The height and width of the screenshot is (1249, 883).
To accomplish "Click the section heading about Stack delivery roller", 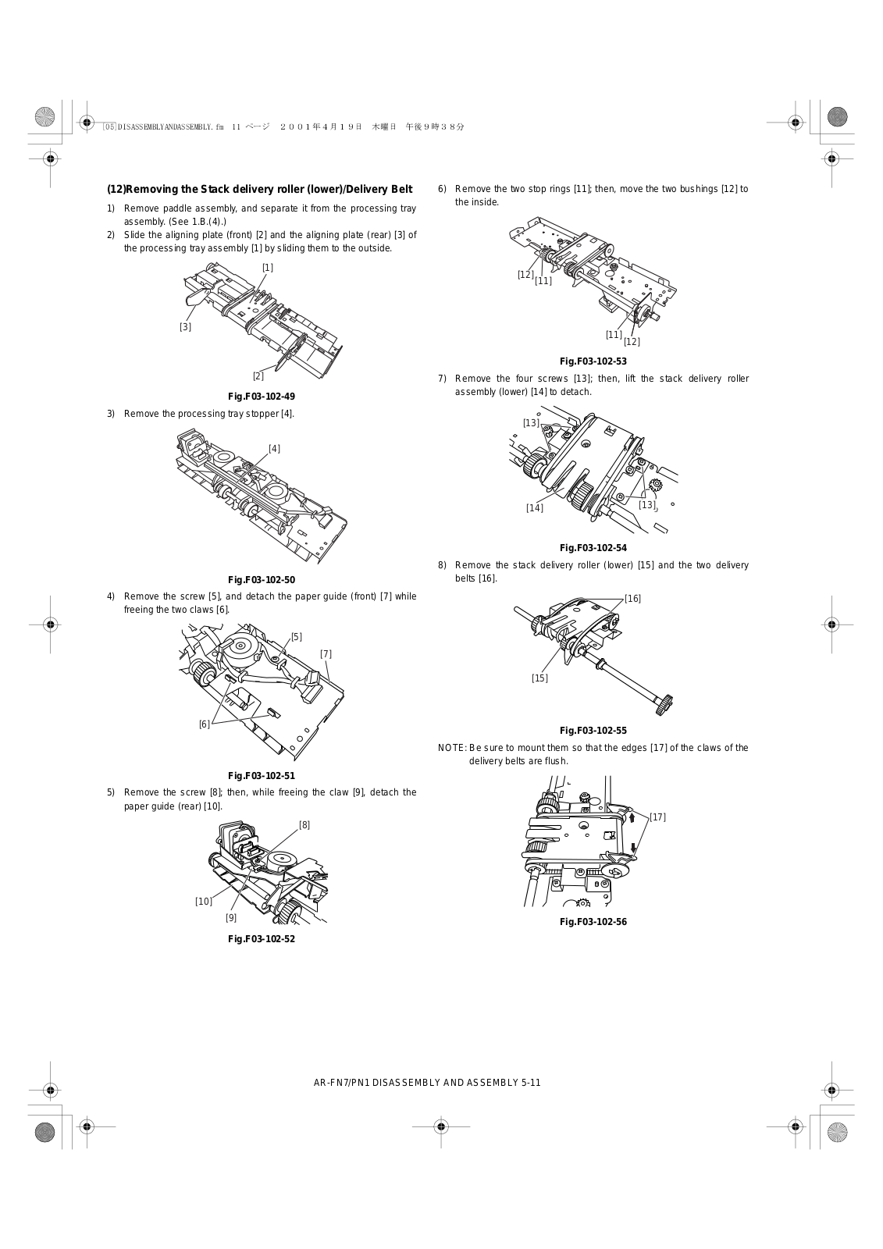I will click(259, 189).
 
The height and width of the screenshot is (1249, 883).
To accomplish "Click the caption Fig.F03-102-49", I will click(262, 397).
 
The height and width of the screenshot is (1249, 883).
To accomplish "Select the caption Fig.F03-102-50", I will click(262, 580).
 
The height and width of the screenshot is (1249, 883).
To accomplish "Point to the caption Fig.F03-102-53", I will click(593, 361).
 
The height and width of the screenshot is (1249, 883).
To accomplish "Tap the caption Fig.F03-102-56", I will click(593, 922).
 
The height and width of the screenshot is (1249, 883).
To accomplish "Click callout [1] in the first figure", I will click(268, 268).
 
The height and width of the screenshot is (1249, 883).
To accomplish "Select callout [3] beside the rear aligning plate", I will click(185, 327).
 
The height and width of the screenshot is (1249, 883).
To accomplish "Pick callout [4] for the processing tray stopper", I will click(274, 449).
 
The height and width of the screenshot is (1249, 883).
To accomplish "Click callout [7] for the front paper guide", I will click(326, 654).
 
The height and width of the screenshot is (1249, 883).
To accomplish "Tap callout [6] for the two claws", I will click(205, 724).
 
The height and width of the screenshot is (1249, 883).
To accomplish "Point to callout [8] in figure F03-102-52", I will click(304, 825).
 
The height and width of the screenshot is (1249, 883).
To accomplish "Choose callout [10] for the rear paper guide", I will click(204, 902).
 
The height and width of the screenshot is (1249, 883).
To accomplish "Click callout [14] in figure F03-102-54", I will click(535, 508).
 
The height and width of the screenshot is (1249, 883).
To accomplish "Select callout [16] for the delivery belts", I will click(632, 599).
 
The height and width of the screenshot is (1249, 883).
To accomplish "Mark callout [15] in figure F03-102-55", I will click(540, 678).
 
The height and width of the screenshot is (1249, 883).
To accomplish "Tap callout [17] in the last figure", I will click(657, 817).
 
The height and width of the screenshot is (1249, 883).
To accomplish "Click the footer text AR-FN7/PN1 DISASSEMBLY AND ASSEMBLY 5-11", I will click(427, 1082).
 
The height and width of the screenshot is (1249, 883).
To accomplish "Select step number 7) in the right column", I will click(442, 379).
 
